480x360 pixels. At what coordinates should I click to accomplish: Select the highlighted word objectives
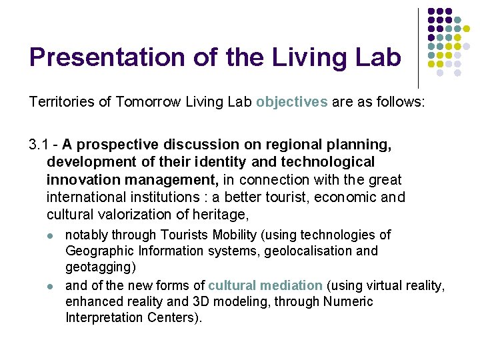click(x=291, y=102)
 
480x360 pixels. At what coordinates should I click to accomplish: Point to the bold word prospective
click(x=111, y=145)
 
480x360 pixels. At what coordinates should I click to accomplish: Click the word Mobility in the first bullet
click(x=252, y=235)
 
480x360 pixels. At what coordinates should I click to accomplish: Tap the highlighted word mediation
click(x=291, y=285)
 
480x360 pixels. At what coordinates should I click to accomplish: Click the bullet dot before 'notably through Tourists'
click(x=51, y=235)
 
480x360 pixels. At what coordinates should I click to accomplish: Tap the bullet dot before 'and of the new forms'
click(x=51, y=286)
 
